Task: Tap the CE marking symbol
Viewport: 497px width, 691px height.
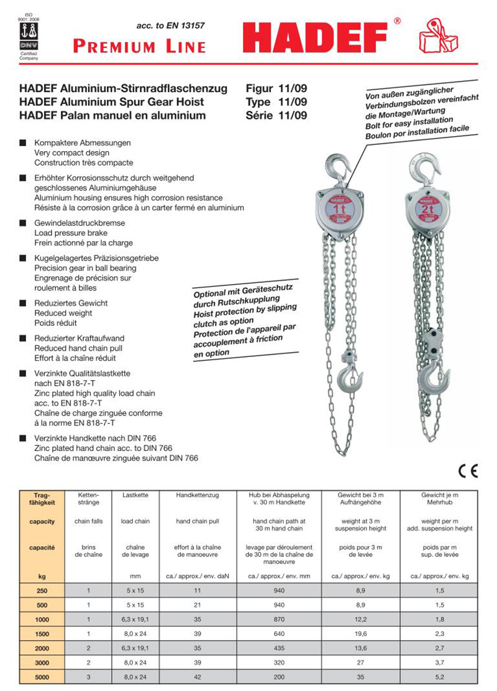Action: [468, 470]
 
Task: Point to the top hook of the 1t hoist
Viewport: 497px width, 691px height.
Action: [335, 168]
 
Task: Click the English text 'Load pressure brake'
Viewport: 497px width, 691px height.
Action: [71, 233]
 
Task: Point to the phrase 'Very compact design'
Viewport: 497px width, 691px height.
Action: [71, 153]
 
